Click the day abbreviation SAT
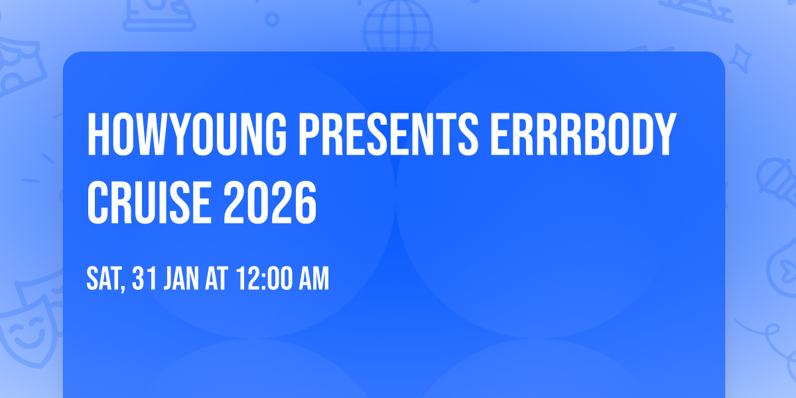104,279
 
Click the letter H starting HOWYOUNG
98,135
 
